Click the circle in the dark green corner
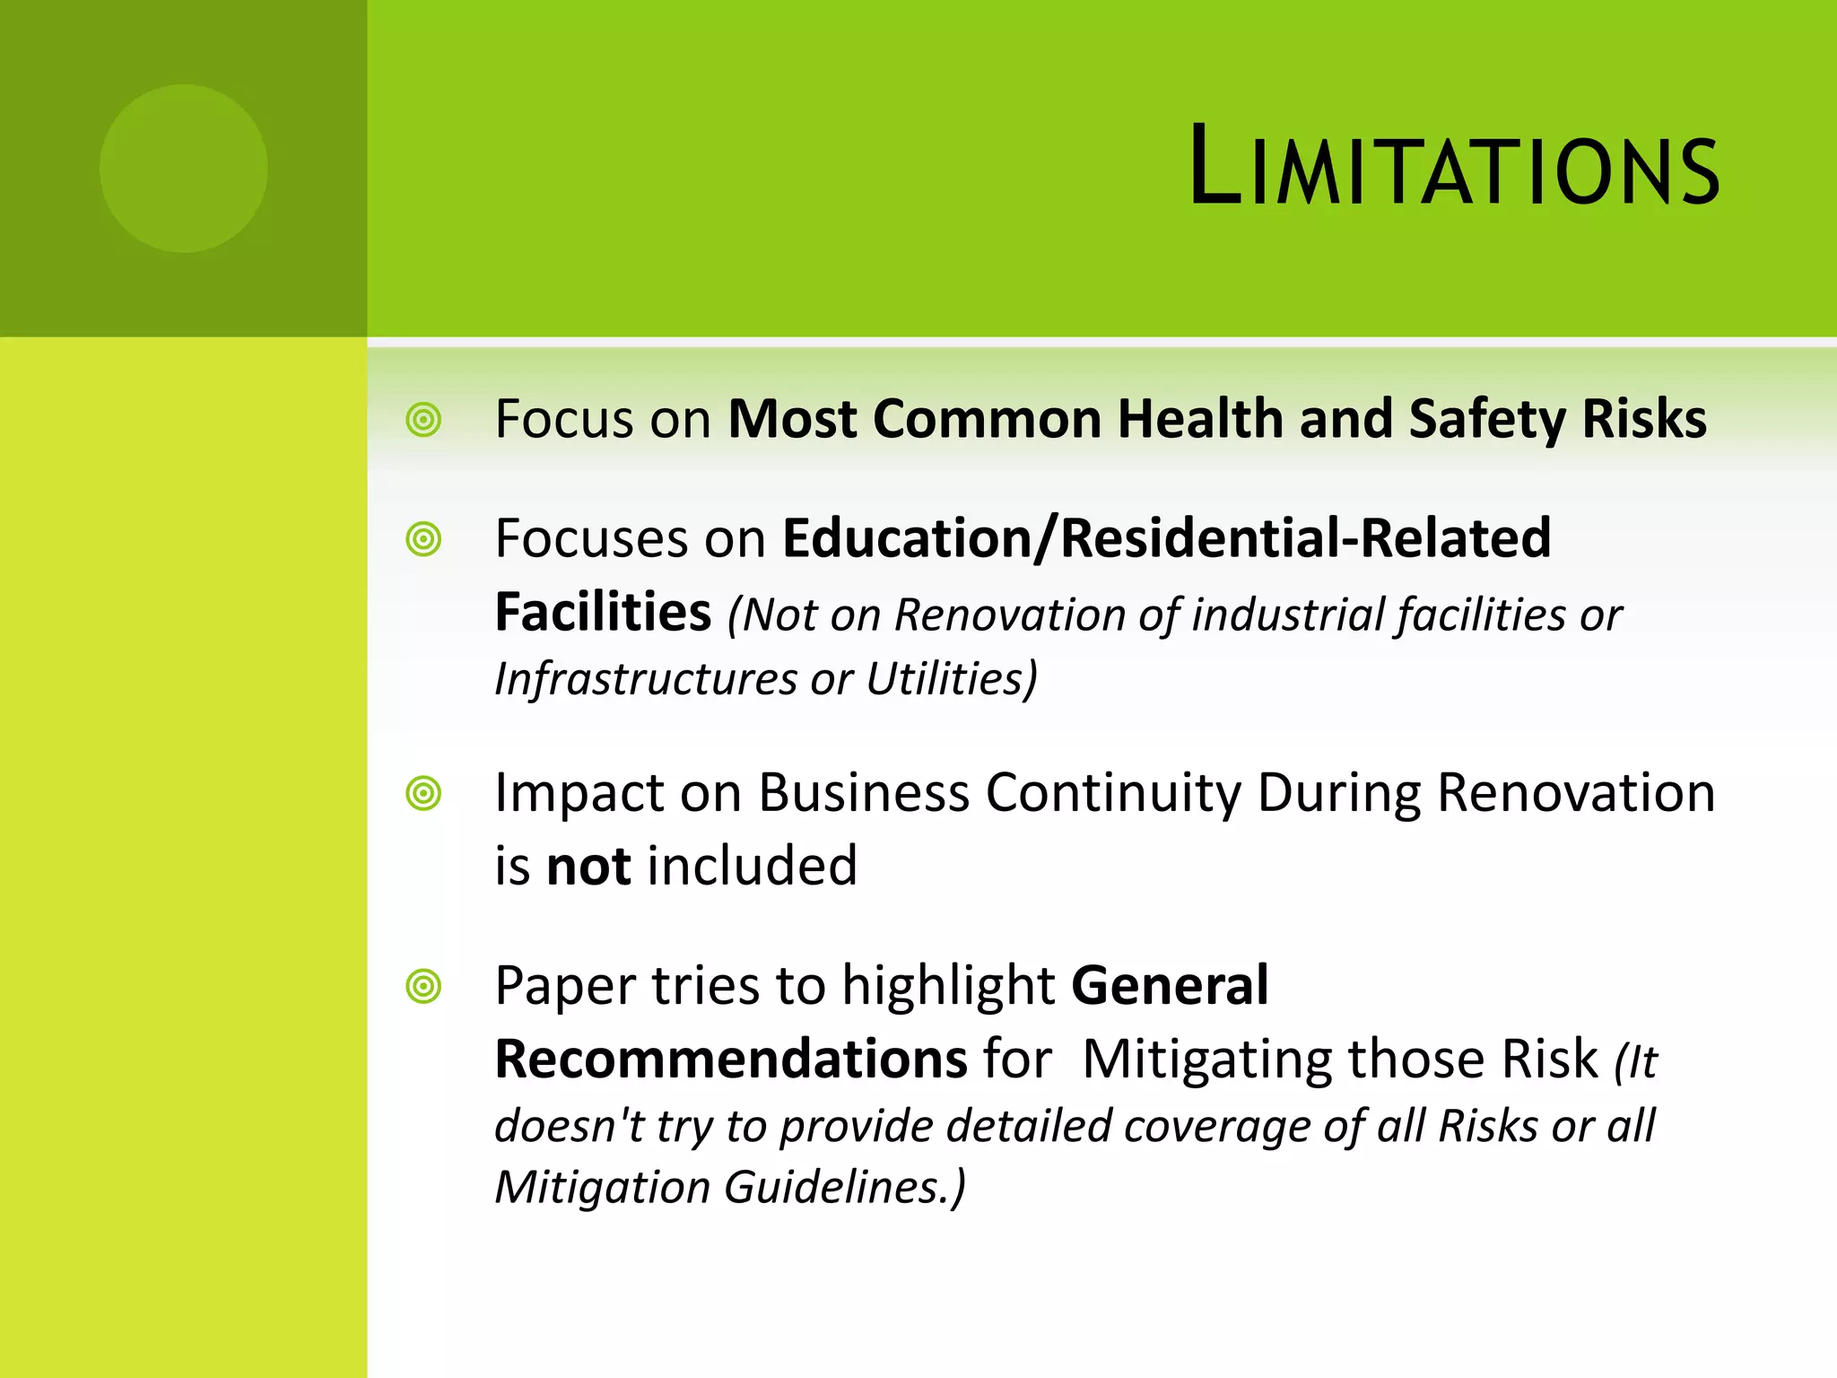coord(184,168)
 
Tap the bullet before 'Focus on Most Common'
coord(423,419)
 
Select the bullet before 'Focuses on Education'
coord(423,539)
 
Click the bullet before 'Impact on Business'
coord(423,793)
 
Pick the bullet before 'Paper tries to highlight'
coord(423,986)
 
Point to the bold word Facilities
coord(603,613)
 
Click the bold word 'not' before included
coord(588,866)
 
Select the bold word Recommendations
coord(730,1059)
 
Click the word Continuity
coord(1113,793)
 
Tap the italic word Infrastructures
coord(645,678)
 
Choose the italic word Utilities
coord(950,678)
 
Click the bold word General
coord(1170,985)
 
